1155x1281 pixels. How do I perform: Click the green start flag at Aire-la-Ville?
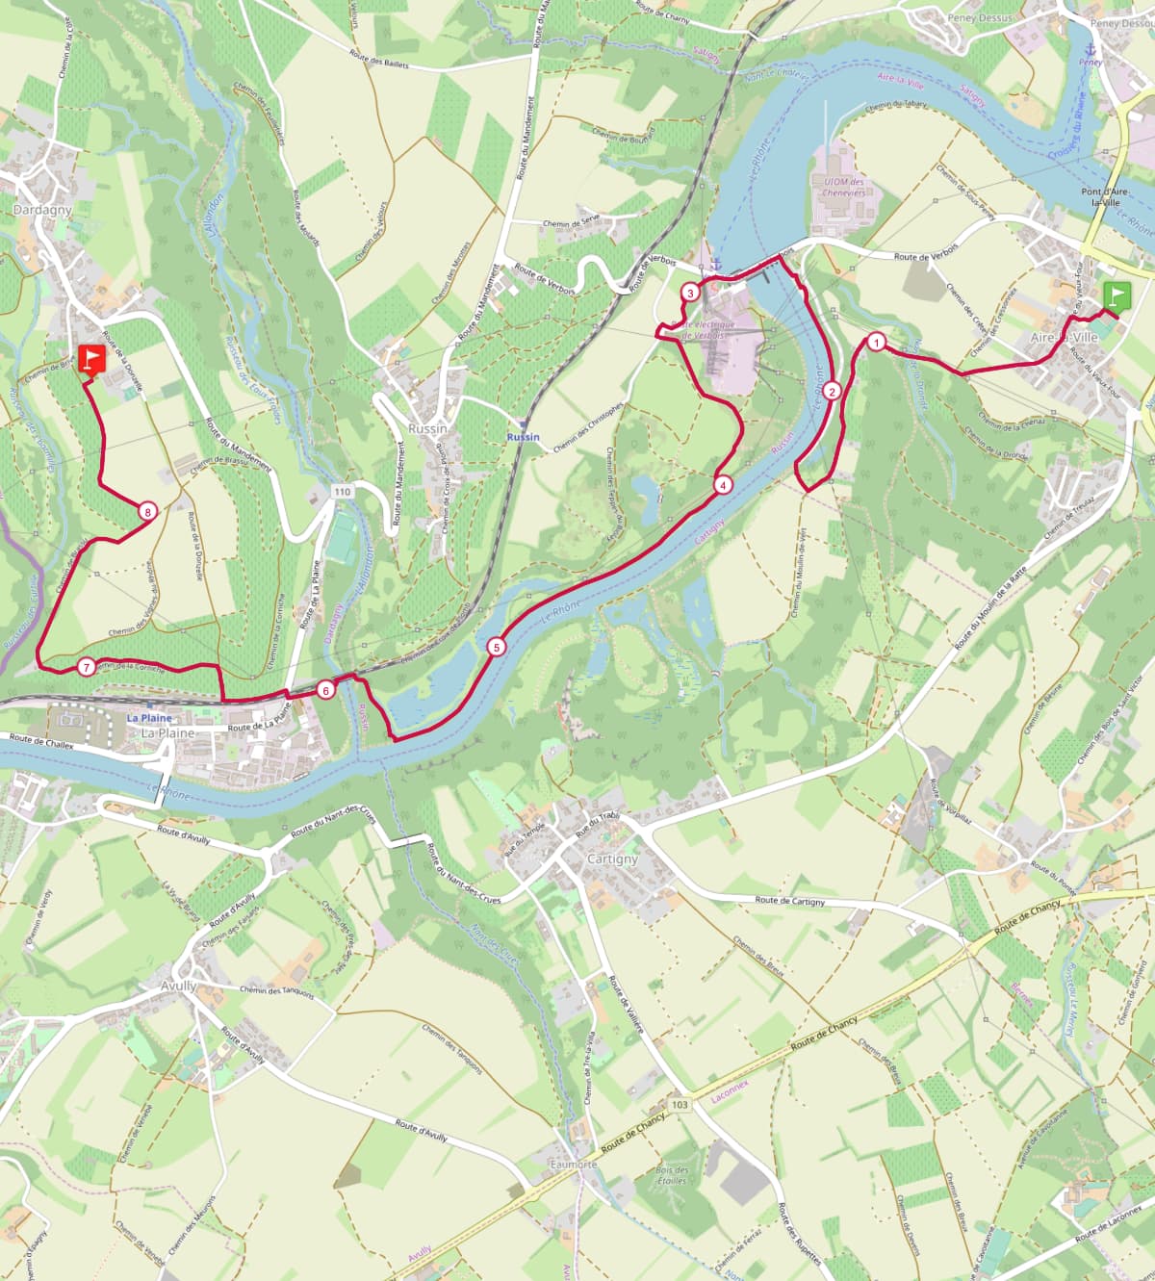[x=1116, y=295]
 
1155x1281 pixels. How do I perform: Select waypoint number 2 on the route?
[x=832, y=391]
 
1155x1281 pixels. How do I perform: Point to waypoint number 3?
[x=690, y=293]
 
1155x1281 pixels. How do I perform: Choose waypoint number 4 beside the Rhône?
[x=722, y=485]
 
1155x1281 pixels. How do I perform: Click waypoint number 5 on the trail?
[x=496, y=647]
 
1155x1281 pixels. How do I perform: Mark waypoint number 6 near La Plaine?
[x=325, y=689]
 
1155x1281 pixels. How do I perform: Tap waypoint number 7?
[x=87, y=666]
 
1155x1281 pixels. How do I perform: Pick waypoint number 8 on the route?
[x=146, y=512]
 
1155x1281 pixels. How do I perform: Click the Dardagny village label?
[x=42, y=209]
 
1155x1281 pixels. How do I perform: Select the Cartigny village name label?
[x=612, y=858]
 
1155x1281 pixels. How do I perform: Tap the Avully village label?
[x=178, y=986]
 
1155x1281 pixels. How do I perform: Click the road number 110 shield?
[x=341, y=492]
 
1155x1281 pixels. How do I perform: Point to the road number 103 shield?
[x=680, y=1105]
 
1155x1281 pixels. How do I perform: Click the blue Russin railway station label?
[x=524, y=437]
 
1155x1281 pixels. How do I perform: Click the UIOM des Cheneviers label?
[x=838, y=187]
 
